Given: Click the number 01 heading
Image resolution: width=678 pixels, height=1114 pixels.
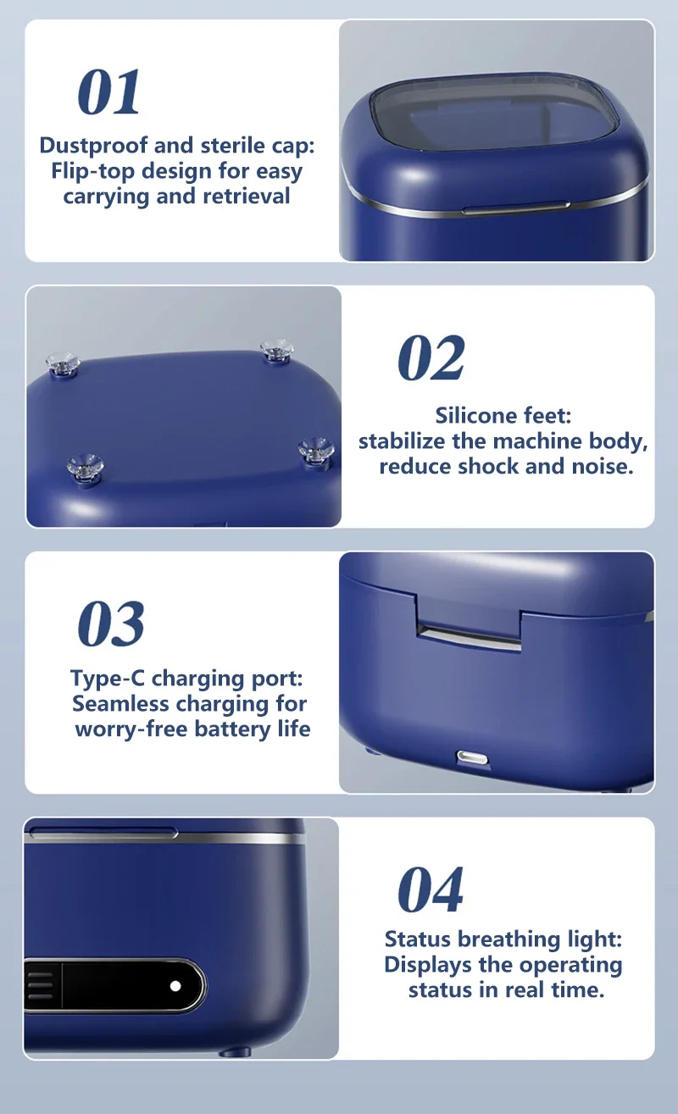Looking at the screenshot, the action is pyautogui.click(x=108, y=92).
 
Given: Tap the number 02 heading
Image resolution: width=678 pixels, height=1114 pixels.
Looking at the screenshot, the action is pyautogui.click(x=431, y=357).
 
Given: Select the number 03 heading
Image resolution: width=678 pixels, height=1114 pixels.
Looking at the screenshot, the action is pyautogui.click(x=111, y=624).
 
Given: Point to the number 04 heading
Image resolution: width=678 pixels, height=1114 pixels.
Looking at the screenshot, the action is pyautogui.click(x=431, y=890).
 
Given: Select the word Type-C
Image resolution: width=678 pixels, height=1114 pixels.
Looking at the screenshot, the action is pyautogui.click(x=107, y=679).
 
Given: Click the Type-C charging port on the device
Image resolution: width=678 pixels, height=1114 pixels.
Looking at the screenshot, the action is pyautogui.click(x=472, y=757).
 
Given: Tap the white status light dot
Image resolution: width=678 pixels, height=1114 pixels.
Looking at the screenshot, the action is pyautogui.click(x=175, y=986).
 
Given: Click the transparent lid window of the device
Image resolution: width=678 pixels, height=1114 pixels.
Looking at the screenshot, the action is pyautogui.click(x=494, y=114).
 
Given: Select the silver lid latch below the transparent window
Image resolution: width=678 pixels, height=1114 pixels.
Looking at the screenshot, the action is pyautogui.click(x=516, y=208).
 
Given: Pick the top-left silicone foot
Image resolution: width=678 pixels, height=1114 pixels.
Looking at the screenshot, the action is pyautogui.click(x=63, y=363).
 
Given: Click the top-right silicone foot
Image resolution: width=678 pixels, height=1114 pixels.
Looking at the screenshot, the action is pyautogui.click(x=276, y=349).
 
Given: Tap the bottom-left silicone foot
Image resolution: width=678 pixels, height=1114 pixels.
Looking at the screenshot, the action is pyautogui.click(x=85, y=468).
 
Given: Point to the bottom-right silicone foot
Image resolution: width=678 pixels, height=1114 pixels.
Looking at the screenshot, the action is pyautogui.click(x=316, y=451).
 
